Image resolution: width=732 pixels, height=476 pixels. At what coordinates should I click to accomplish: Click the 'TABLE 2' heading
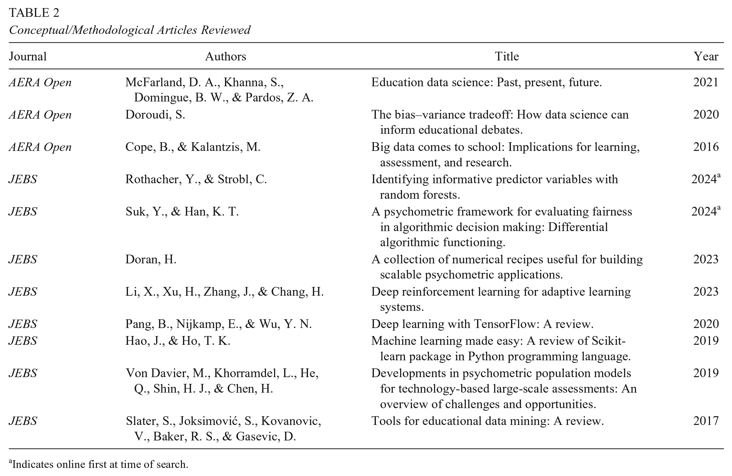click(x=34, y=13)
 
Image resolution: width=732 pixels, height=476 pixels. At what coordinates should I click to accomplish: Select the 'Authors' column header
click(x=226, y=57)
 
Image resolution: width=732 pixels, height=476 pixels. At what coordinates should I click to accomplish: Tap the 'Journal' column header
click(x=28, y=57)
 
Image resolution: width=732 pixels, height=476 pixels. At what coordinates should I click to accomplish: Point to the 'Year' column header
click(x=706, y=57)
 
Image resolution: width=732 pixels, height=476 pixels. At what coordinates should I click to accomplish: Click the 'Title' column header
click(x=507, y=57)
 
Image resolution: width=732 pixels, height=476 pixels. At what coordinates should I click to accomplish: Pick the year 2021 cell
click(x=706, y=82)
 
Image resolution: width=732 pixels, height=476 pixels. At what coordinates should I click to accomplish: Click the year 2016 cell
click(x=706, y=147)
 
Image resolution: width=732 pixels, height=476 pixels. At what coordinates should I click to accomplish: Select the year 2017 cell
click(x=706, y=421)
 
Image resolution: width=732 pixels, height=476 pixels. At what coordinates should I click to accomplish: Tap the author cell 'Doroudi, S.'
click(x=155, y=115)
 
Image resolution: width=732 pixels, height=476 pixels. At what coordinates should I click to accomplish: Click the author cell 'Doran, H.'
click(x=151, y=259)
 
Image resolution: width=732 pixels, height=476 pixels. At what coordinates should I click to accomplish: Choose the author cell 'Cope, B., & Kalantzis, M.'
click(x=193, y=147)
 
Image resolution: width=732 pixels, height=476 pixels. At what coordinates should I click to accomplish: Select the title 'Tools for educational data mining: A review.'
click(x=487, y=421)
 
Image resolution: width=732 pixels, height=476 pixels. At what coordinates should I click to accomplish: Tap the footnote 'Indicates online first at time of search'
click(x=100, y=465)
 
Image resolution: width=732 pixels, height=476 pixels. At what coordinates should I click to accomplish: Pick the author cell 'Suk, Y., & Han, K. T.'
click(x=182, y=212)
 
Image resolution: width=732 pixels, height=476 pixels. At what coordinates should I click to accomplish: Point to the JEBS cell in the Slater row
click(x=23, y=421)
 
